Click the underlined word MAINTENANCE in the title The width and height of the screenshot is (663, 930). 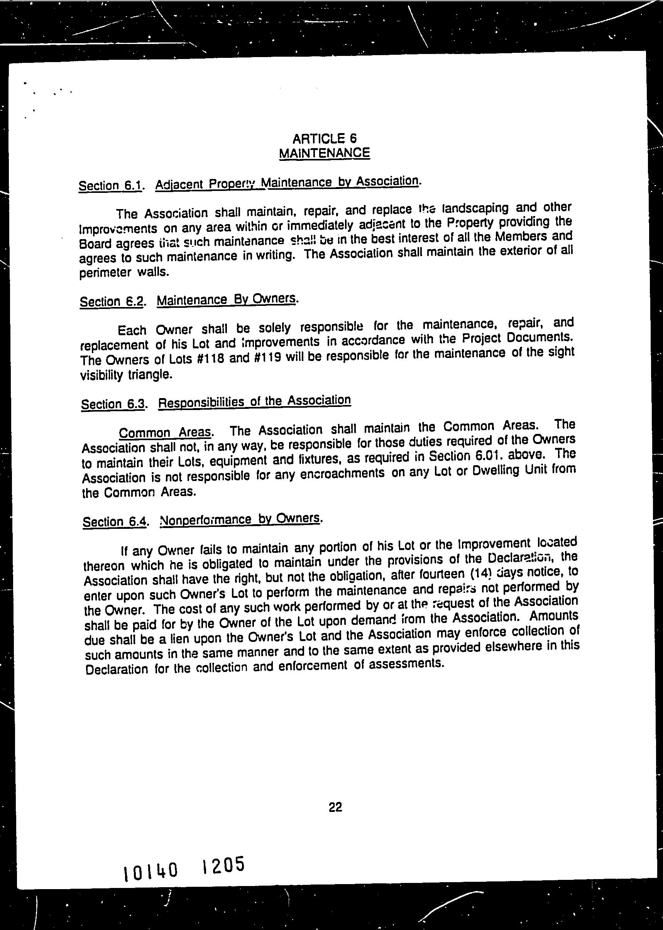324,153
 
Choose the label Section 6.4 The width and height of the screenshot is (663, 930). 115,522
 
